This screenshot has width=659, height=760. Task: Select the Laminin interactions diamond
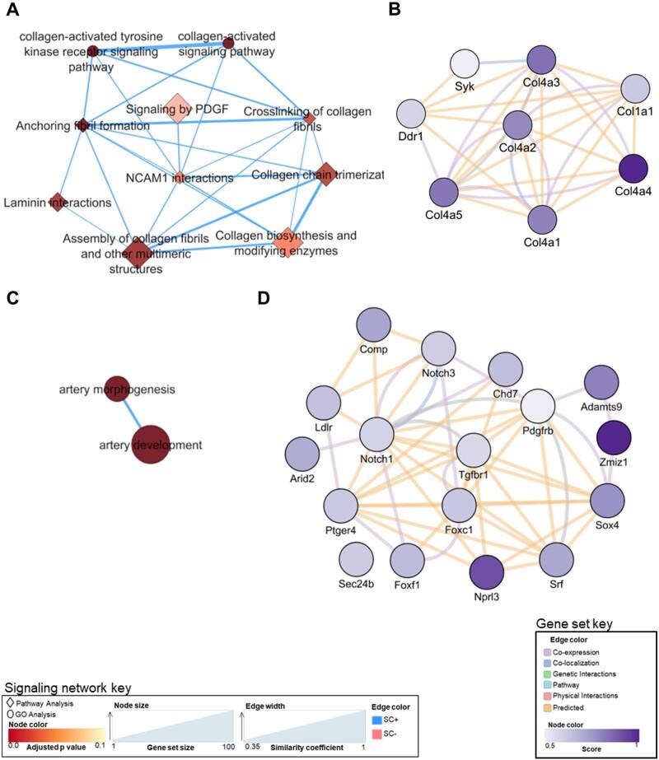tap(57, 202)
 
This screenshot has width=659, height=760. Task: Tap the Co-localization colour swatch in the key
tap(543, 661)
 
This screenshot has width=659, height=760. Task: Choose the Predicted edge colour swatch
tap(543, 707)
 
